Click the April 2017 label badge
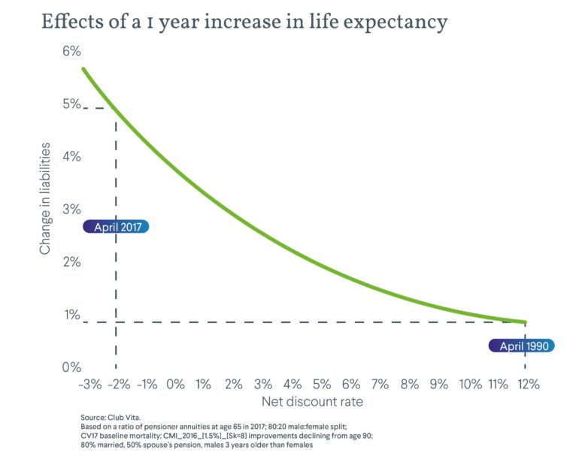[x=117, y=227]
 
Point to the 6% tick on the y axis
[x=71, y=52]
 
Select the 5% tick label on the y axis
[x=71, y=104]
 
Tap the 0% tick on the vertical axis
[x=71, y=367]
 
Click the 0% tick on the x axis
[x=175, y=384]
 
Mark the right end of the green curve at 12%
[x=526, y=322]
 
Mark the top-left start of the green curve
[x=83, y=69]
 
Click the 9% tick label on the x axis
[x=440, y=384]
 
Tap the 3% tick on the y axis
[x=71, y=210]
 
